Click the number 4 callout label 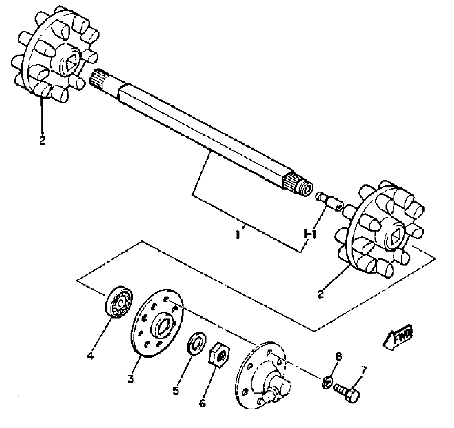point(91,355)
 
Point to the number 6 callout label point(202,403)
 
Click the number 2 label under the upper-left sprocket point(42,140)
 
